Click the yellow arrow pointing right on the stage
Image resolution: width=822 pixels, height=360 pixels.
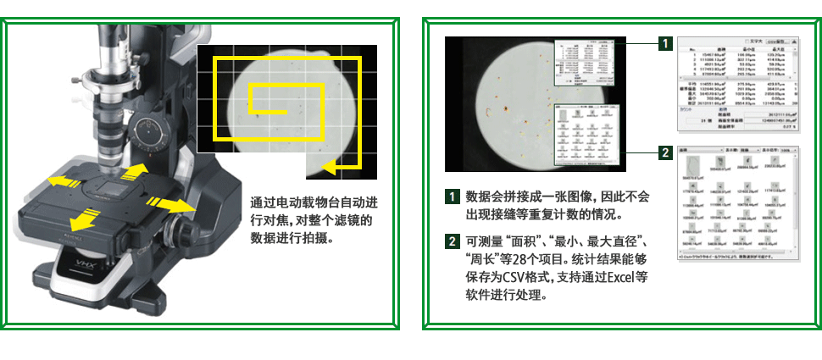pyautogui.click(x=170, y=204)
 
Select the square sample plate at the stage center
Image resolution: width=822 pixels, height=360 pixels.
pyautogui.click(x=110, y=188)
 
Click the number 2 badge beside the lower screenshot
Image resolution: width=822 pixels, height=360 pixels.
pyautogui.click(x=667, y=152)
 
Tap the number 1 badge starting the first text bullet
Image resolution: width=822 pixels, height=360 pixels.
pyautogui.click(x=453, y=197)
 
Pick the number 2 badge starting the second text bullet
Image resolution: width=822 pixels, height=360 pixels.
pyautogui.click(x=453, y=241)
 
